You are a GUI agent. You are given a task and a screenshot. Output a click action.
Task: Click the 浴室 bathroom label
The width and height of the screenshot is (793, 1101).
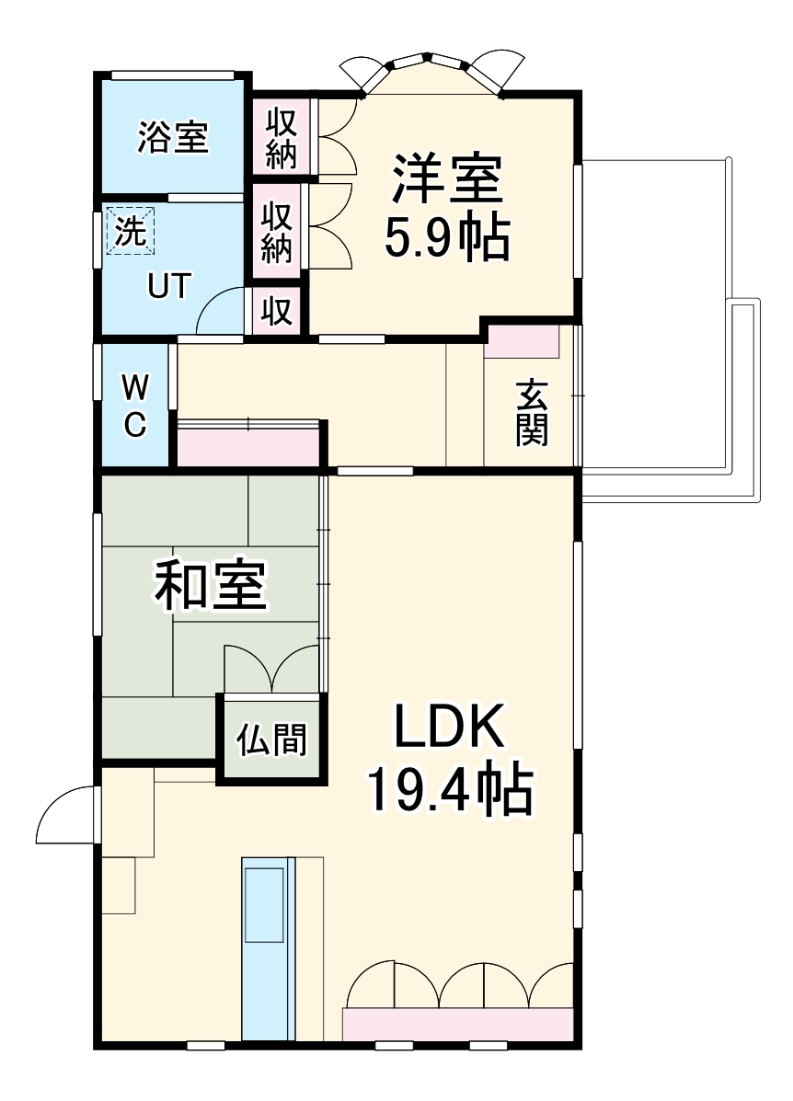point(173,138)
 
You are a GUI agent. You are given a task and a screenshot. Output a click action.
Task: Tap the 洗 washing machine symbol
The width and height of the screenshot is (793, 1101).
point(131,231)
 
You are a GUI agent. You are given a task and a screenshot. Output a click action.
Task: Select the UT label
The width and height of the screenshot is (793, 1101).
point(169,287)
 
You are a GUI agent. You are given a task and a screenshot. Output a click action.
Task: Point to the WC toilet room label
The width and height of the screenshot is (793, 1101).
point(134,404)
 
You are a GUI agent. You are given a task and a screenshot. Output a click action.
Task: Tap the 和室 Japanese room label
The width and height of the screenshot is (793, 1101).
point(210,585)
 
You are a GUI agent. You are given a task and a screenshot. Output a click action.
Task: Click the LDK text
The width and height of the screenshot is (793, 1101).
point(450,727)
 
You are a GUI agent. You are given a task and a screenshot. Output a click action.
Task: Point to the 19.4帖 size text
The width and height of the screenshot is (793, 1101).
point(450,789)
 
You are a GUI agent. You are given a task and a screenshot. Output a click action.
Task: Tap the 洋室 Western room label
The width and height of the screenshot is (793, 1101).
point(448,179)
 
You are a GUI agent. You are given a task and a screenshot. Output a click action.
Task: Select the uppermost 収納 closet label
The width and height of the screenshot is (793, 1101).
point(282,138)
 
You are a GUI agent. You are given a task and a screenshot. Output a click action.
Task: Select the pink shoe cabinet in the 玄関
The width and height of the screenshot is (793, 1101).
point(522,341)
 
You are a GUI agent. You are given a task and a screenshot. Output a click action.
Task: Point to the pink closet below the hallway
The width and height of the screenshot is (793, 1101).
point(248,447)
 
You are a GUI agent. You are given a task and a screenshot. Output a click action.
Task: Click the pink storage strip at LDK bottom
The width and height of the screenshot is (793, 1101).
point(458,1024)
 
